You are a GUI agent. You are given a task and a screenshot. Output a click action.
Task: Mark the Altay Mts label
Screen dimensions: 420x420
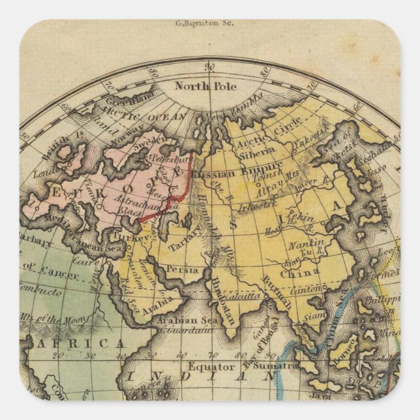click(268, 186)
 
